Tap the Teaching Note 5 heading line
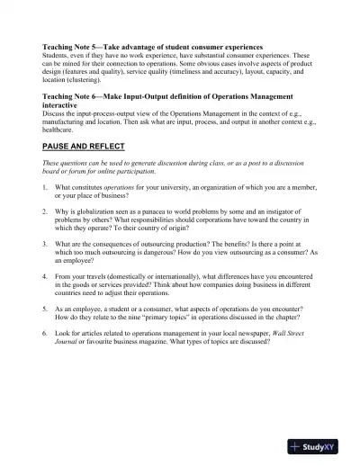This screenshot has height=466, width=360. tap(152, 46)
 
